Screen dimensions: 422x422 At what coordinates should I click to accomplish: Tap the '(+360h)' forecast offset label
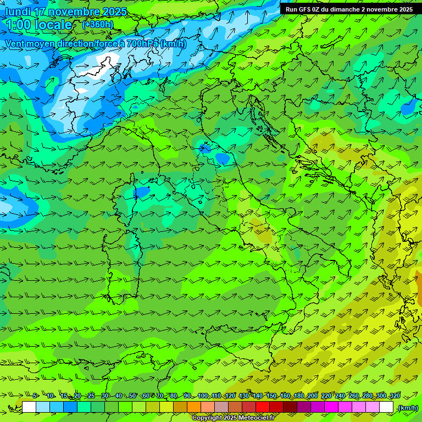98,24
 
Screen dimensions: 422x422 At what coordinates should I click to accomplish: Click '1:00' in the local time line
18,25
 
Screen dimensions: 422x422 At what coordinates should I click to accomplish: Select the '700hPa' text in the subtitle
142,43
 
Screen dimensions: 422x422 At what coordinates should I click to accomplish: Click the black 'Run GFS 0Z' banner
349,9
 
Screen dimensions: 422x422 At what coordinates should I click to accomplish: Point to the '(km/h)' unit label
407,407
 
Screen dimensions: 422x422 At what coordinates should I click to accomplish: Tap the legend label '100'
203,396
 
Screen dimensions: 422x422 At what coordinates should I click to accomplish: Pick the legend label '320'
395,396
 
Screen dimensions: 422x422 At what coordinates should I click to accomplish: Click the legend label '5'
35,396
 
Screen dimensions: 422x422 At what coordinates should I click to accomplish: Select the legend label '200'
312,396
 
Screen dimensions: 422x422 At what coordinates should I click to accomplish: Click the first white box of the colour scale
29,407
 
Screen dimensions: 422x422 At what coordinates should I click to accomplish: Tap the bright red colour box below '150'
263,407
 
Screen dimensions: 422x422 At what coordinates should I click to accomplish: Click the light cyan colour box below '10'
43,407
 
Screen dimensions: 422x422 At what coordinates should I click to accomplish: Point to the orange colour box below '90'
194,407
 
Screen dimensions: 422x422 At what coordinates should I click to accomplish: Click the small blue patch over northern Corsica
142,191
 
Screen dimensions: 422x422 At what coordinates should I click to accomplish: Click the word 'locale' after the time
53,25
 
